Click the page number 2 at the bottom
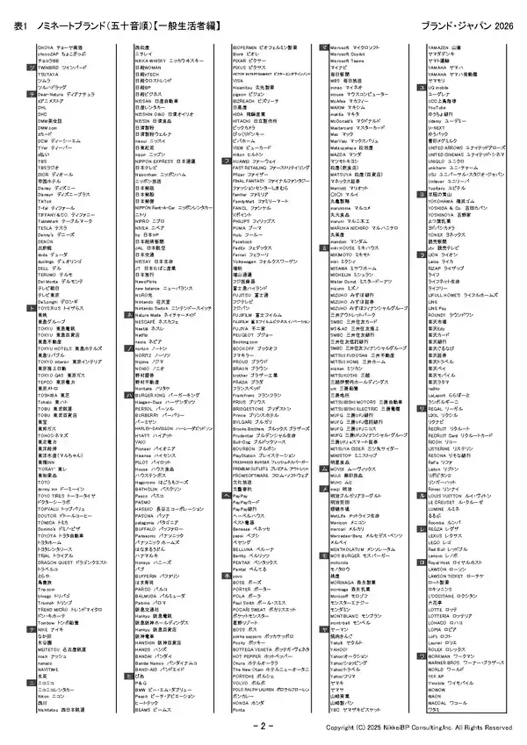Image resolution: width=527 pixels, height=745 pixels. [x=263, y=727]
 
